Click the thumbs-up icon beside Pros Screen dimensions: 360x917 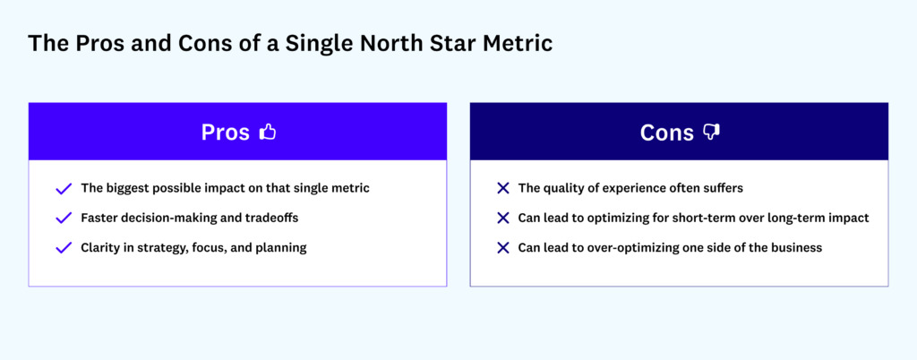(x=267, y=133)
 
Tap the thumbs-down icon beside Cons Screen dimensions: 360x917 (x=711, y=133)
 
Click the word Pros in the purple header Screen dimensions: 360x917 (x=226, y=133)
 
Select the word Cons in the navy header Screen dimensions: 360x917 (x=666, y=133)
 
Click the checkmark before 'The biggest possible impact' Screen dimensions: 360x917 (x=64, y=189)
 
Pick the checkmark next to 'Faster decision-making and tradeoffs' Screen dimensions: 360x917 (x=64, y=219)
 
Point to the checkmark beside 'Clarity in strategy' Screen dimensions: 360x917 (x=64, y=248)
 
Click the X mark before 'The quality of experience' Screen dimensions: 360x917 (x=503, y=189)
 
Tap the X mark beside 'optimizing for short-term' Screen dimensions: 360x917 (x=503, y=219)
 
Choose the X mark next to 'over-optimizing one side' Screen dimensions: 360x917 (x=503, y=248)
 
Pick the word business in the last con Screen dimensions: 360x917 (x=793, y=248)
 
